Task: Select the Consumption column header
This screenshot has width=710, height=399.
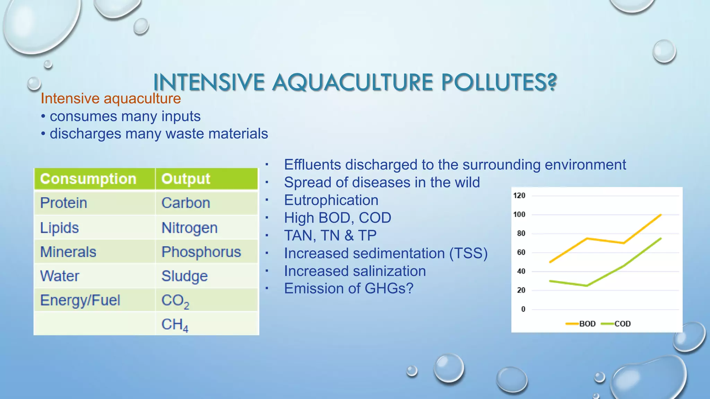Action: tap(88, 179)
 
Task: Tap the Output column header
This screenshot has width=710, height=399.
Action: tap(186, 179)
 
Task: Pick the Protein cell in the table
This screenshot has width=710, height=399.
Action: tap(64, 203)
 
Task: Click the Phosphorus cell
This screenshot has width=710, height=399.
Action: tap(201, 252)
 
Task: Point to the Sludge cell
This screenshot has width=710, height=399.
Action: tap(184, 276)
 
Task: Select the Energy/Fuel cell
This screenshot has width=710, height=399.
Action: tap(80, 300)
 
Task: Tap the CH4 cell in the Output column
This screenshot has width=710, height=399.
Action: tap(175, 325)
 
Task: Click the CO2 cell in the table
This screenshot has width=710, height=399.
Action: tap(175, 301)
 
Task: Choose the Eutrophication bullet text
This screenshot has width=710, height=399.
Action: tap(331, 200)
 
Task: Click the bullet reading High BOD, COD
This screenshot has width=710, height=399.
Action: tap(337, 218)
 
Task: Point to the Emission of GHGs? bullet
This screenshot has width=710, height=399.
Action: tap(348, 289)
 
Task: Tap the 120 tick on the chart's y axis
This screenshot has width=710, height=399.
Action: tap(519, 196)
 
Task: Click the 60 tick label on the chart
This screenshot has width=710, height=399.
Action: tap(521, 252)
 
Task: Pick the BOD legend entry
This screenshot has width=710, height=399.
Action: tap(587, 324)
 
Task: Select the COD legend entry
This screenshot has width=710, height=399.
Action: tap(622, 324)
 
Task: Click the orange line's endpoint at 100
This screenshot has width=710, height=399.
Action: tap(661, 215)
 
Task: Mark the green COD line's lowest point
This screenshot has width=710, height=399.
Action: tap(587, 286)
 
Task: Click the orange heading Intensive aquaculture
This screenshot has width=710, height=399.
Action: tap(111, 99)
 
